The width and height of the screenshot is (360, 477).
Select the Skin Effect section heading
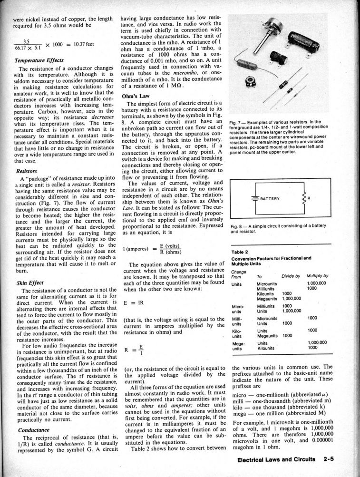click(29, 282)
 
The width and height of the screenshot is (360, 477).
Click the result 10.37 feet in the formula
click(83, 44)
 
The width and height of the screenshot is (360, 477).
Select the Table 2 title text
click(240, 252)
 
